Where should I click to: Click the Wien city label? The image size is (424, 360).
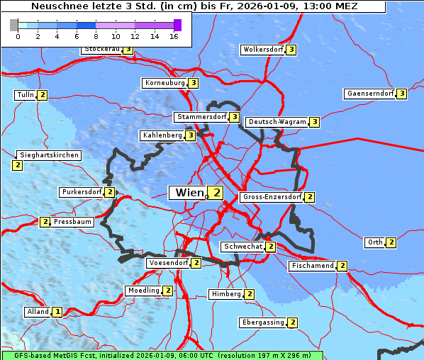click(x=189, y=193)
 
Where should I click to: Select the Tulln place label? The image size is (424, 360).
click(x=25, y=95)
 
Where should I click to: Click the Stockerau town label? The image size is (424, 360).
click(x=102, y=50)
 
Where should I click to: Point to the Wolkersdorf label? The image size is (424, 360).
click(x=263, y=50)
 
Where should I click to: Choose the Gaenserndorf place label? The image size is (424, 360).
click(x=369, y=94)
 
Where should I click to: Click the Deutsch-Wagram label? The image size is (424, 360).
click(x=277, y=122)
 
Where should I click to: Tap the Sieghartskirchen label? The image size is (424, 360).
click(x=49, y=155)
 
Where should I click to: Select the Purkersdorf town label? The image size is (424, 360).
click(x=82, y=192)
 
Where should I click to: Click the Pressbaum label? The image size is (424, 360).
click(x=73, y=222)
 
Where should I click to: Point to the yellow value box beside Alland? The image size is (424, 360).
click(x=57, y=312)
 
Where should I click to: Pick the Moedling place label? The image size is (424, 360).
click(x=143, y=291)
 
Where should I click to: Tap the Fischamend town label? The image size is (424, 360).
click(x=312, y=266)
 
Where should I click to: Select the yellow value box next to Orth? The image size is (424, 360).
click(x=391, y=242)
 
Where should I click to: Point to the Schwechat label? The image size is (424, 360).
click(x=242, y=247)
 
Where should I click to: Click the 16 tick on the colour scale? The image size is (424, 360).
click(x=174, y=36)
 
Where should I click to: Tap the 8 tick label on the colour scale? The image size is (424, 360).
click(x=96, y=36)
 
